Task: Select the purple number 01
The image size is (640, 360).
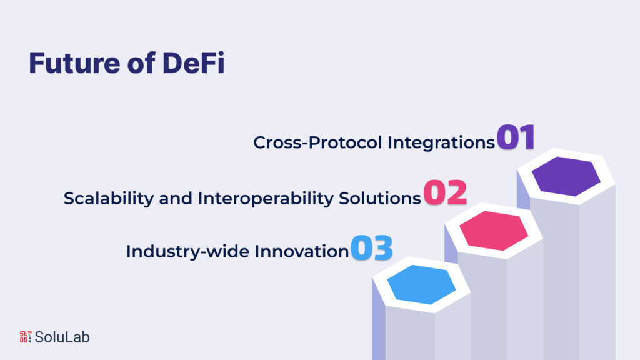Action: click(516, 137)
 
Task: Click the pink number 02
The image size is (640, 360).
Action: click(445, 194)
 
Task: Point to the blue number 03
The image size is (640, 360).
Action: click(371, 247)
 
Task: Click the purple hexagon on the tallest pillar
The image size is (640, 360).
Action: click(566, 177)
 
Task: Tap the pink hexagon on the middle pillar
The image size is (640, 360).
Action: click(493, 231)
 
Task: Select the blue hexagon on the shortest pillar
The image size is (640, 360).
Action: click(421, 284)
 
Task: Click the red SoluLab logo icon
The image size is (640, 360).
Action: click(25, 337)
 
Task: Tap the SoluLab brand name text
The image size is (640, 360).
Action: click(62, 337)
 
